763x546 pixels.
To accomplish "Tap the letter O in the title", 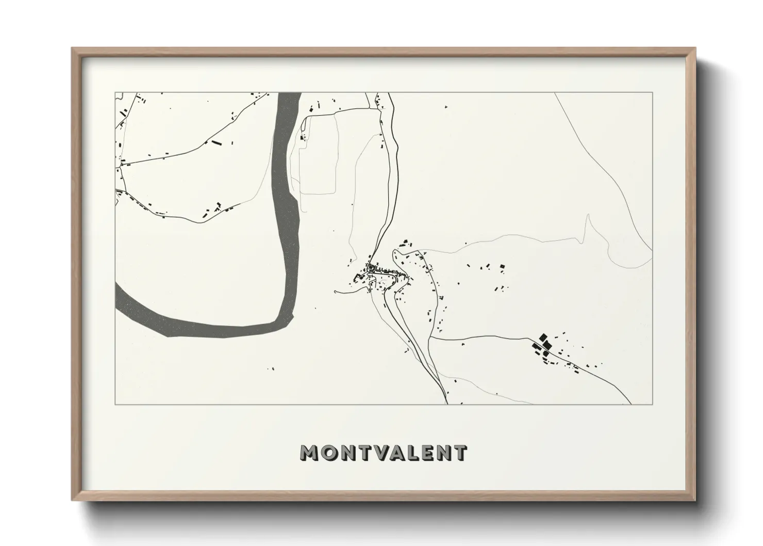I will (333, 453).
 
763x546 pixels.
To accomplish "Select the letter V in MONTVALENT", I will (388, 453).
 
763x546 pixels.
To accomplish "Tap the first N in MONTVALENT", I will (353, 453).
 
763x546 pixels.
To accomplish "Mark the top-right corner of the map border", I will (652, 93).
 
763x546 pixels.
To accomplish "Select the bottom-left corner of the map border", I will (115, 405).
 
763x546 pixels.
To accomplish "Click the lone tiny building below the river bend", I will (272, 369).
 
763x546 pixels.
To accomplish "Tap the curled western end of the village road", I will (336, 292).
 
